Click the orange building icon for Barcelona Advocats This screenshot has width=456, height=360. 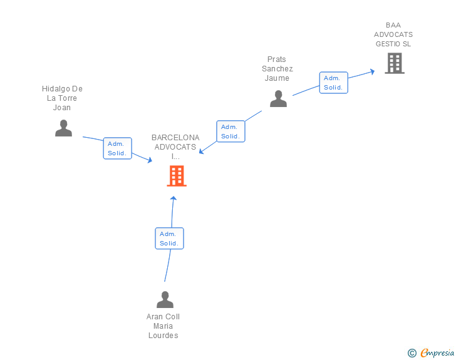(x=177, y=176)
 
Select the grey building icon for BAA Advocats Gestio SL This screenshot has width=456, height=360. (x=394, y=63)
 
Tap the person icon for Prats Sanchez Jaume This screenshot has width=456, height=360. (x=278, y=99)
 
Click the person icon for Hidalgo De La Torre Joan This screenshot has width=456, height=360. (x=63, y=128)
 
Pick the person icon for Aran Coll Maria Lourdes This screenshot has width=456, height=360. (x=165, y=299)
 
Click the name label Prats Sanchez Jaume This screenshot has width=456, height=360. (x=277, y=69)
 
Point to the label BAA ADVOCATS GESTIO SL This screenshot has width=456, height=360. (x=393, y=34)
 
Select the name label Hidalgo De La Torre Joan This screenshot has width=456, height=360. (x=62, y=98)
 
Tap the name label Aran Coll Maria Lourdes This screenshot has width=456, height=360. (x=163, y=326)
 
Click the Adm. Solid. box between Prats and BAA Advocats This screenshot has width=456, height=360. (x=333, y=83)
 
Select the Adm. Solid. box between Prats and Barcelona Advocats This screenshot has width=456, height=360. (x=231, y=131)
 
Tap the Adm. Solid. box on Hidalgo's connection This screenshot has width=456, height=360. (x=117, y=148)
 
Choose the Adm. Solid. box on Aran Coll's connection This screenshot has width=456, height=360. (x=169, y=238)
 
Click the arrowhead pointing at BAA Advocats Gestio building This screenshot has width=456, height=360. (x=372, y=71)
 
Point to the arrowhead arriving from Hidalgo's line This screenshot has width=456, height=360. (x=150, y=161)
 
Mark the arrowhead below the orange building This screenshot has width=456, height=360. (x=174, y=198)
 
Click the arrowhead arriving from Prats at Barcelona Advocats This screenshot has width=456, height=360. (x=202, y=152)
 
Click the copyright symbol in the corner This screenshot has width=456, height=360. (x=412, y=353)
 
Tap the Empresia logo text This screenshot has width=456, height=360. (x=437, y=353)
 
